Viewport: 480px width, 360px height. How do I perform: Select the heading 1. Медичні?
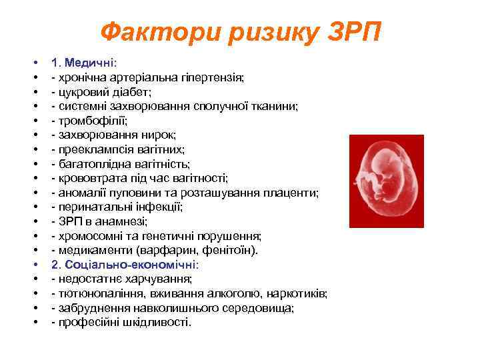pos(85,63)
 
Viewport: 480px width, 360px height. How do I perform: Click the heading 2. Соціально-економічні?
pos(125,265)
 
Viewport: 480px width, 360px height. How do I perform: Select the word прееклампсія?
pos(91,149)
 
